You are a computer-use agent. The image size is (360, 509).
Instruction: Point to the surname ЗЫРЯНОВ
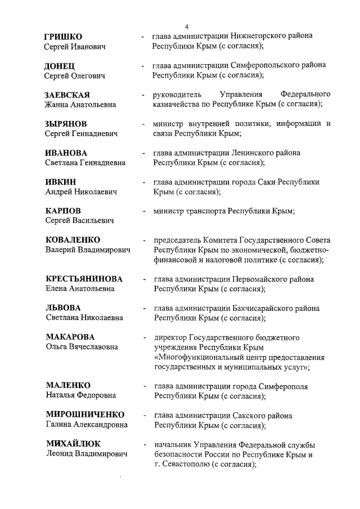pos(66,124)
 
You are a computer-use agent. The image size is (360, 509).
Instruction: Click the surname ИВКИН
pos(61,182)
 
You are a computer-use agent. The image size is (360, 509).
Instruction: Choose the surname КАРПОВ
pos(63,211)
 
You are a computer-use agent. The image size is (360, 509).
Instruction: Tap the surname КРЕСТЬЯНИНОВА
pos(84,279)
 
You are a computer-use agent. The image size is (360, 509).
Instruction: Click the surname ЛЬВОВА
pos(63,308)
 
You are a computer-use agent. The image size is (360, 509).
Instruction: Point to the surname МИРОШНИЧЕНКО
pos(85,415)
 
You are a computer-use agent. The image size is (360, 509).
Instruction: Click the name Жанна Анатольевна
pos(80,105)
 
